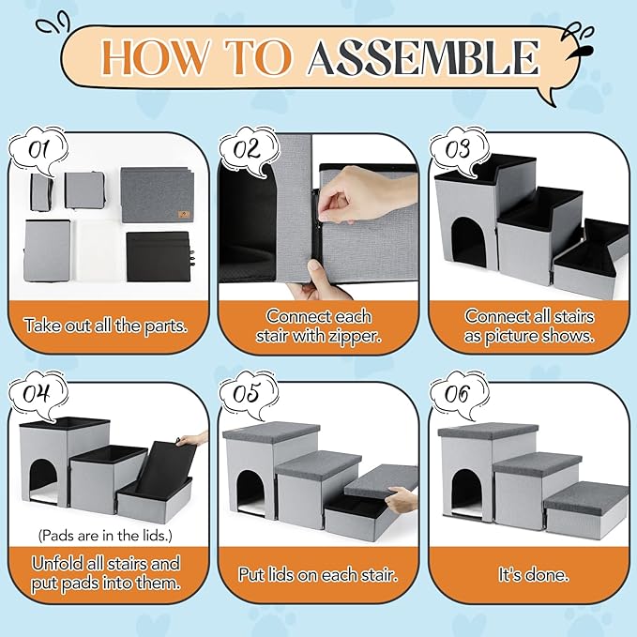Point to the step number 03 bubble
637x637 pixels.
tap(459, 149)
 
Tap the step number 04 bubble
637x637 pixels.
tap(38, 394)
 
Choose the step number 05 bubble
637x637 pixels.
tap(248, 393)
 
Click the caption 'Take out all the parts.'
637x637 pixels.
tap(106, 326)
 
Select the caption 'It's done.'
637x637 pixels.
tap(534, 575)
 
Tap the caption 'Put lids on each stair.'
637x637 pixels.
tap(318, 575)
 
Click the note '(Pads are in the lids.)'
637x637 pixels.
tap(105, 536)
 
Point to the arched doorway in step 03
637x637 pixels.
tap(468, 242)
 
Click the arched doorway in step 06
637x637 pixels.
tap(467, 493)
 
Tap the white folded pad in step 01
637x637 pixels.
tap(99, 250)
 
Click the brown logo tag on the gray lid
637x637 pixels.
tap(179, 215)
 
